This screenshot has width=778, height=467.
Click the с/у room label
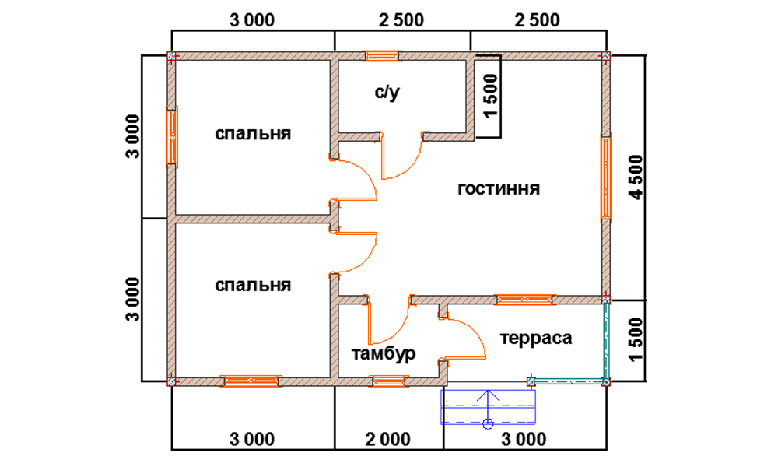[387, 93]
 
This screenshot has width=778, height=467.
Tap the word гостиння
[499, 188]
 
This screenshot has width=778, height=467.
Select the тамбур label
[384, 354]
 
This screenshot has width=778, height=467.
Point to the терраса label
[536, 338]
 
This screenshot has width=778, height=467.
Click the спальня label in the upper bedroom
[253, 134]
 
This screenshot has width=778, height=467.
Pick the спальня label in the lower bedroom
[253, 285]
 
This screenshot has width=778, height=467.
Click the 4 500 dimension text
[636, 177]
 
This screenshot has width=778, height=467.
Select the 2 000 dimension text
[388, 439]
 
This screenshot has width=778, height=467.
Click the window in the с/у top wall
[381, 55]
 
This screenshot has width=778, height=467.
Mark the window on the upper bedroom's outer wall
[172, 136]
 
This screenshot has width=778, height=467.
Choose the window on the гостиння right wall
[606, 177]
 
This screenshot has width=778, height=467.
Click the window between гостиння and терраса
[524, 299]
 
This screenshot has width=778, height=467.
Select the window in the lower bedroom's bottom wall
[251, 381]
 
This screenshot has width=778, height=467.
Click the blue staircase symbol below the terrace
[489, 407]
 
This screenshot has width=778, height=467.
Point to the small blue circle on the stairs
[489, 423]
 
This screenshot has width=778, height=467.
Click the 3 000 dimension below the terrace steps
[524, 439]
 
